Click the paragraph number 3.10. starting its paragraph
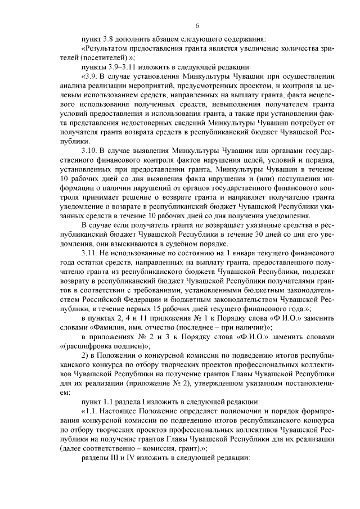click(91, 152)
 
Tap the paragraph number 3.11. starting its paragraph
click(91, 253)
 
